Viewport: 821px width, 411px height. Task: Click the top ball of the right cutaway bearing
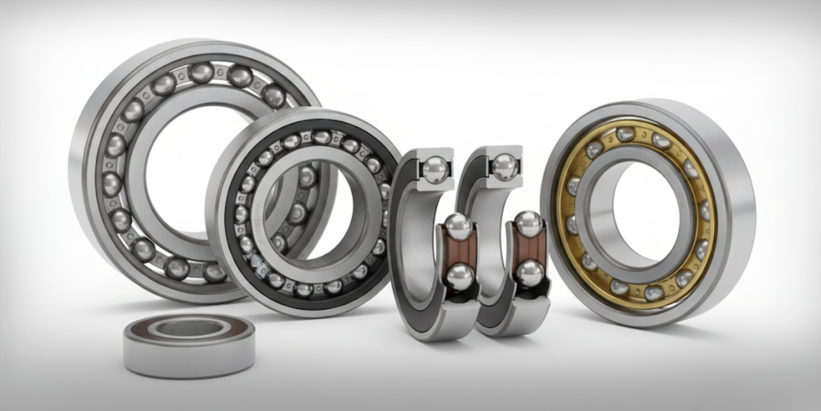point(503,166)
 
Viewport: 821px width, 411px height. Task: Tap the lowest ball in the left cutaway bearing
point(459,276)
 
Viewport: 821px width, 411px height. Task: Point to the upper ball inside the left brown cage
point(459,225)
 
